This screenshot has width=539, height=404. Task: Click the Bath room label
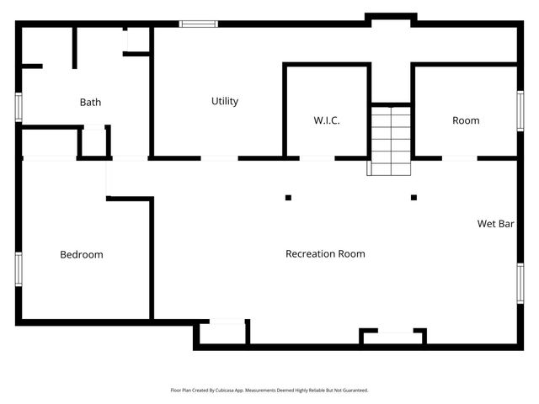click(x=90, y=103)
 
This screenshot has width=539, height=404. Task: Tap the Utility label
click(x=225, y=101)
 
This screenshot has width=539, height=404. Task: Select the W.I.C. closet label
click(x=327, y=121)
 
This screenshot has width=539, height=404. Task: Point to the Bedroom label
click(x=82, y=254)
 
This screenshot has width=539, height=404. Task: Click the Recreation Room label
click(x=325, y=253)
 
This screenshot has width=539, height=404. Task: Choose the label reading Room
click(x=466, y=120)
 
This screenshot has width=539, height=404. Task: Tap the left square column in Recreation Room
click(x=288, y=198)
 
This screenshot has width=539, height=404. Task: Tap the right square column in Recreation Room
click(x=414, y=198)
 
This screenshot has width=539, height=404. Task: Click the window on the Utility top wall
click(x=193, y=24)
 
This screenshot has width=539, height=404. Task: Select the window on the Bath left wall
click(x=18, y=107)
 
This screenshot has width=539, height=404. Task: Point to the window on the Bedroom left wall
click(x=18, y=268)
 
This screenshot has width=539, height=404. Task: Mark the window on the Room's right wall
click(x=520, y=109)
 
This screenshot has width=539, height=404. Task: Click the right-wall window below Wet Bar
click(x=520, y=283)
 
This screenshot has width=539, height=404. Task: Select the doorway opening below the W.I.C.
click(x=318, y=157)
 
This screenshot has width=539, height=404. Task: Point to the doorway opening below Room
click(x=460, y=157)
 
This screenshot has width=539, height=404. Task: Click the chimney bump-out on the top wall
click(x=390, y=17)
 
